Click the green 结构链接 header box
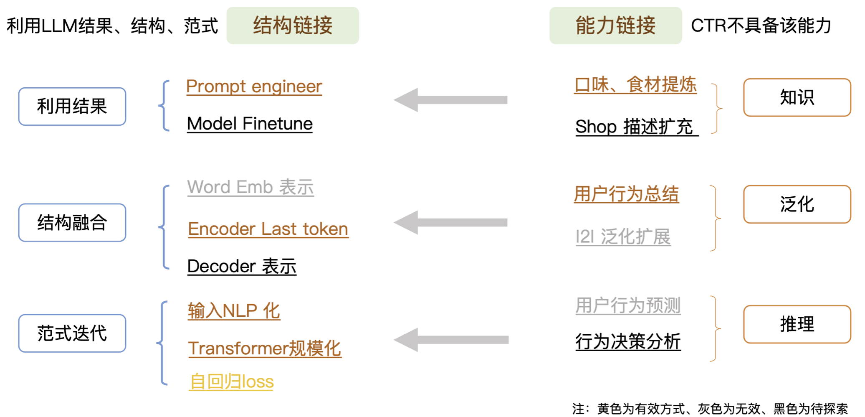tap(293, 25)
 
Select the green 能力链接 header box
tap(615, 25)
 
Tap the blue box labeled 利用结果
tap(72, 107)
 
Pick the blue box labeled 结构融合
tap(72, 223)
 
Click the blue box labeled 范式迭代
tap(72, 333)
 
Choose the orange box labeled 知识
tap(797, 97)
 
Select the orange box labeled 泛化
tap(797, 204)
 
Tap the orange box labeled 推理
tap(797, 324)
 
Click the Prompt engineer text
tap(254, 86)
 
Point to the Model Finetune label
tap(250, 124)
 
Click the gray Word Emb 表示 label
tap(250, 187)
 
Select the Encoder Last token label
tap(268, 229)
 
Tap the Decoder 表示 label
tap(242, 266)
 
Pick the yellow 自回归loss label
tap(231, 381)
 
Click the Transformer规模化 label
tap(265, 348)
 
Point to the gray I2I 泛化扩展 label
tap(623, 237)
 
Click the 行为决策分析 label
tap(628, 342)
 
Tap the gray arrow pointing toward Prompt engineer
tap(451, 100)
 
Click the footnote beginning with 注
tap(710, 408)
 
